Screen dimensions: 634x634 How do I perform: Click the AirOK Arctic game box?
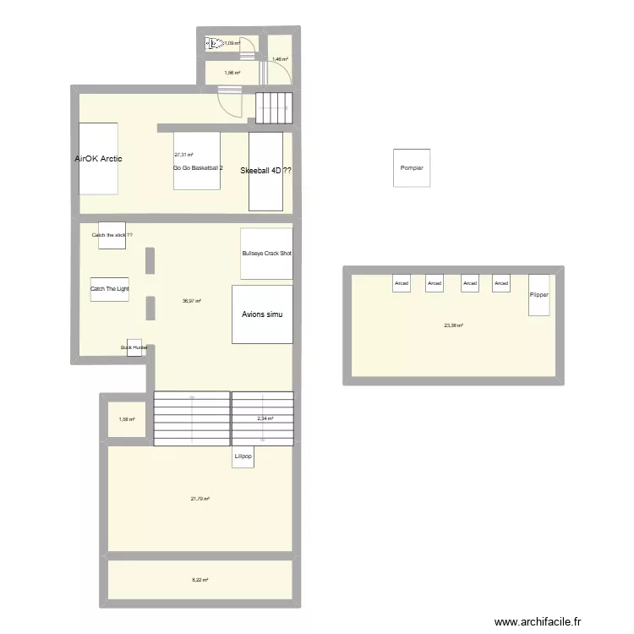(x=98, y=159)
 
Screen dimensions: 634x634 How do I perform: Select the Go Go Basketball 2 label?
(x=198, y=168)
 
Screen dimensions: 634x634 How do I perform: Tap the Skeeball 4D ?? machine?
(x=265, y=171)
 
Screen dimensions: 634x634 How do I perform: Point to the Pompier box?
(x=412, y=167)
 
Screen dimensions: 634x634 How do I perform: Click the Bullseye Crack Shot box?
(x=266, y=254)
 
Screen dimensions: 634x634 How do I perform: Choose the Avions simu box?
(x=262, y=314)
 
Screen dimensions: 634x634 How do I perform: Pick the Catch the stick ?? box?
(x=112, y=235)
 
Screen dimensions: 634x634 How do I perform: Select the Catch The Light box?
(x=110, y=289)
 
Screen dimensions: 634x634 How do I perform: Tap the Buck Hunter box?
(x=134, y=347)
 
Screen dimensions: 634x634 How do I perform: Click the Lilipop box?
(x=243, y=456)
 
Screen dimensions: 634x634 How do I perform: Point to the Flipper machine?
(x=539, y=295)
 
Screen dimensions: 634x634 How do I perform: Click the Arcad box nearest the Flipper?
(x=502, y=284)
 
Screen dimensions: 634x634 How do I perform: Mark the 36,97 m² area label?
(x=192, y=301)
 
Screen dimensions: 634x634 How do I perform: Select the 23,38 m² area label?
(x=453, y=325)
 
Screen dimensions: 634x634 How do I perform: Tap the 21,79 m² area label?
(x=200, y=499)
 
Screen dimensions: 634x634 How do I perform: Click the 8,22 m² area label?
(x=199, y=580)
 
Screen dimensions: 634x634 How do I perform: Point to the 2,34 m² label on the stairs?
(x=265, y=418)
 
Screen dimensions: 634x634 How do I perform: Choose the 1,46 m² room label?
(x=280, y=59)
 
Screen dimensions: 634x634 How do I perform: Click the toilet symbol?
(x=213, y=42)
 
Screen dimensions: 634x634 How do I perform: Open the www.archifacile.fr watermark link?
(x=538, y=621)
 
